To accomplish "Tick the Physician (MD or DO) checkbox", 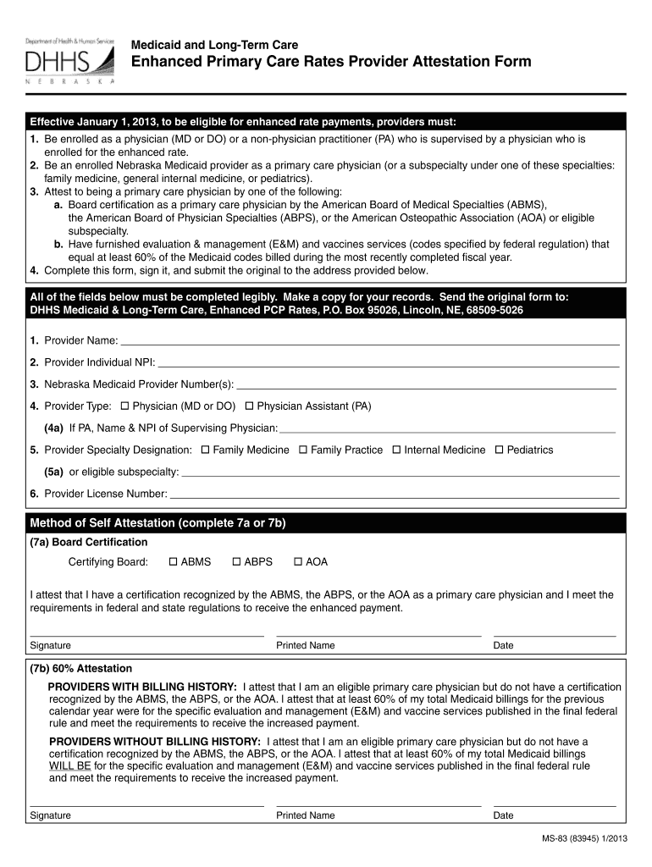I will (x=124, y=406).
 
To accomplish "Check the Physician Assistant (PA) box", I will (x=249, y=406).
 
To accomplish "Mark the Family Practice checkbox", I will (x=302, y=450).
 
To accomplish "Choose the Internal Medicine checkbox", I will (x=396, y=450).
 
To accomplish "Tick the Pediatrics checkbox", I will (x=499, y=450).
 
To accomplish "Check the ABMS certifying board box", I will (x=174, y=562).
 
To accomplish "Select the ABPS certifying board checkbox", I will (x=236, y=562).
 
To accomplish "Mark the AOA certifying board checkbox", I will (x=298, y=562).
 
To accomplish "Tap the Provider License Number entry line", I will (x=394, y=495).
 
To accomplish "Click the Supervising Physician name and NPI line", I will (x=447, y=431).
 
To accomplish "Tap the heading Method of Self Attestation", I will (x=158, y=523).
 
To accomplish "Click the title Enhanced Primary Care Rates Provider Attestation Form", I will (x=330, y=62).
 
